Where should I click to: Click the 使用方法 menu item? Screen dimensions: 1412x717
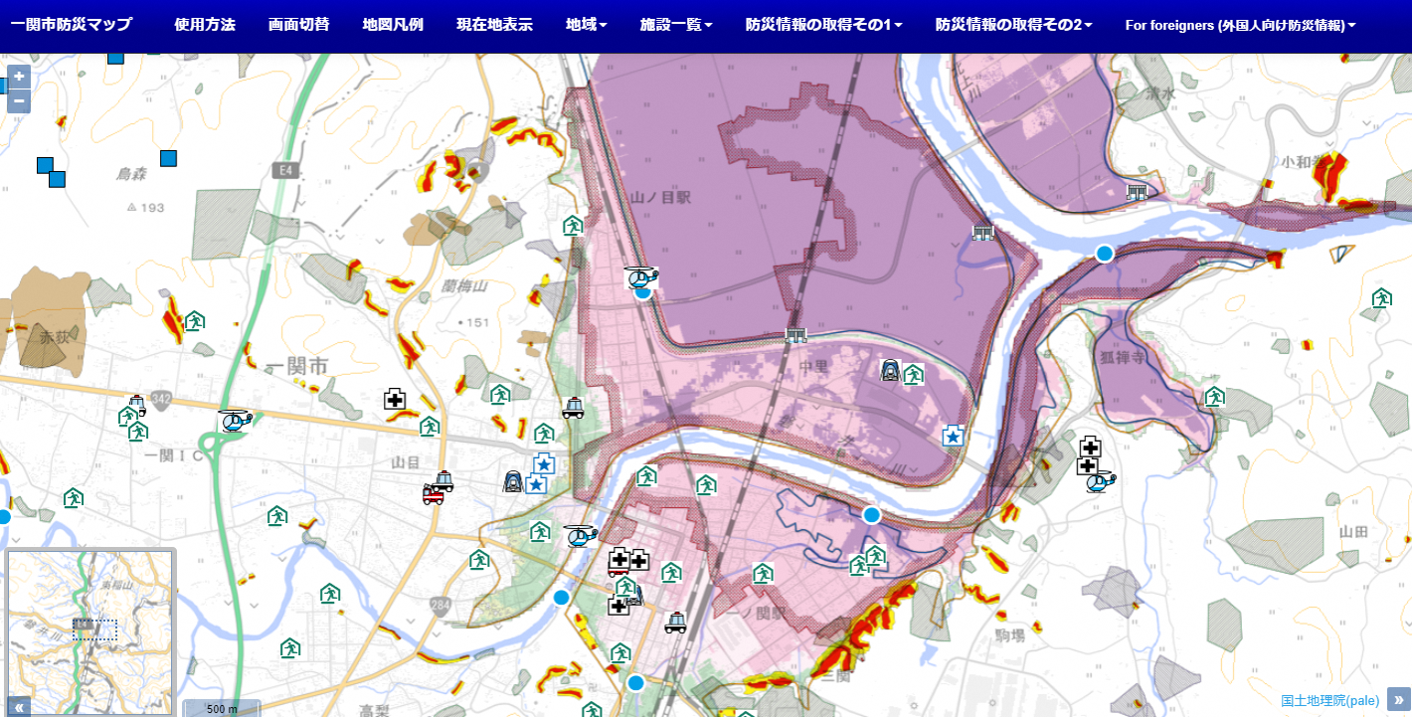tap(204, 25)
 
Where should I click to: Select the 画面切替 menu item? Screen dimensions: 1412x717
tap(298, 25)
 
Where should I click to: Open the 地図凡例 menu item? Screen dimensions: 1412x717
tap(393, 25)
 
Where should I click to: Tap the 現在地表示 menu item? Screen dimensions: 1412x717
tap(494, 25)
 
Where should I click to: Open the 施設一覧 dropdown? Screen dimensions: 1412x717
tap(676, 25)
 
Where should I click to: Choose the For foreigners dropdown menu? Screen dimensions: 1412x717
tap(1240, 25)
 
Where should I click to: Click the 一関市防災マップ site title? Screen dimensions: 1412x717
tap(71, 25)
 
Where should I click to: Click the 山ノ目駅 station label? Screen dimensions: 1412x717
tap(660, 198)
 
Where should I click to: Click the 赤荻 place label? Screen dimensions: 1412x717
tap(54, 338)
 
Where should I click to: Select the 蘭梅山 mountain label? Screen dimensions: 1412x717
tap(465, 286)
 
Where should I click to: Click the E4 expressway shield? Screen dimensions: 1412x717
tap(286, 171)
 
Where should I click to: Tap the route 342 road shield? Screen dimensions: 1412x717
tap(161, 399)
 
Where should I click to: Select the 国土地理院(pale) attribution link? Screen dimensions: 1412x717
tap(1329, 700)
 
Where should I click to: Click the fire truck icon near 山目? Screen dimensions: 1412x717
tap(434, 494)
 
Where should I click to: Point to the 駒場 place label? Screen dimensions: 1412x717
tap(1009, 633)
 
